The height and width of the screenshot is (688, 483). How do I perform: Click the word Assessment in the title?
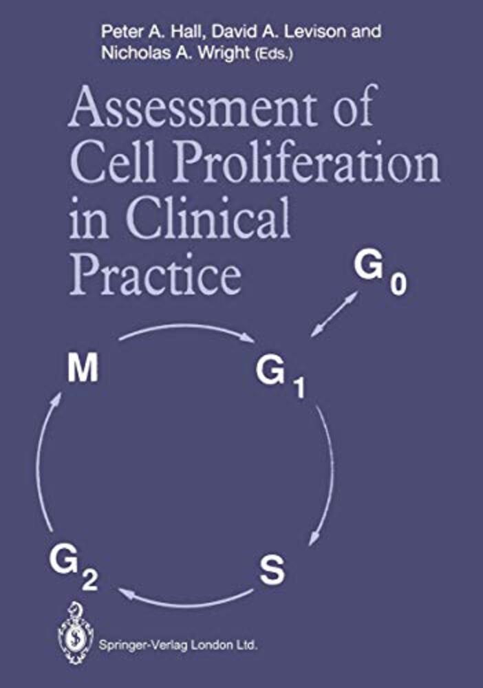tap(192, 106)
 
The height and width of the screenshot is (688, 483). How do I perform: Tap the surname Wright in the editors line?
tap(224, 53)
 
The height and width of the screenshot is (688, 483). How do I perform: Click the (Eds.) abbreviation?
tap(271, 54)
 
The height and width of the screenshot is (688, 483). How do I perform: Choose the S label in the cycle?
tap(272, 570)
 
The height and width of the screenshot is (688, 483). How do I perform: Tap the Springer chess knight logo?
tap(76, 632)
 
